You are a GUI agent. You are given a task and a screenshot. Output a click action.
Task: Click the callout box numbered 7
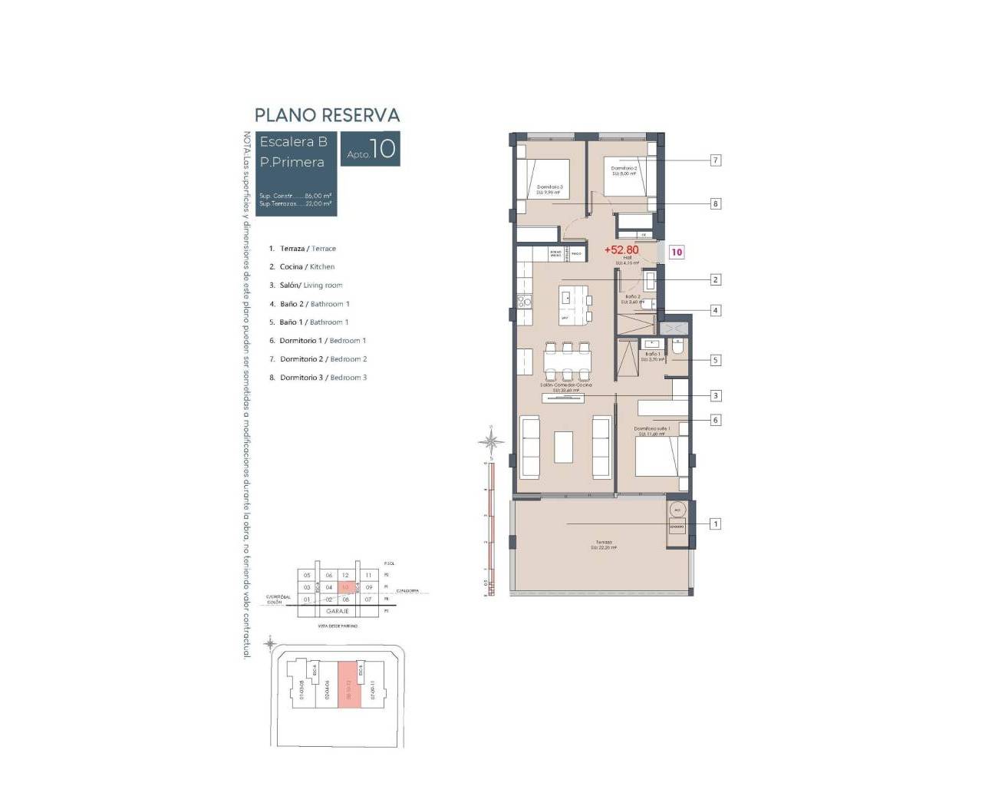715,160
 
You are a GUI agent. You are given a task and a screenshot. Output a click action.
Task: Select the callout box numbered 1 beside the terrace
715,524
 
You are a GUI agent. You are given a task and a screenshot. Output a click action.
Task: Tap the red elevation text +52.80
621,250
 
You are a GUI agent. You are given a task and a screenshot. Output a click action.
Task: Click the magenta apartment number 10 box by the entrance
677,252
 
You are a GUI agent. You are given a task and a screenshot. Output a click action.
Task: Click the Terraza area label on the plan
604,545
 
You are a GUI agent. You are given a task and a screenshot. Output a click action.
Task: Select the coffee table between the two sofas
564,447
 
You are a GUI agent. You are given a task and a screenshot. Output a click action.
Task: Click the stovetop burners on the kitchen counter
524,302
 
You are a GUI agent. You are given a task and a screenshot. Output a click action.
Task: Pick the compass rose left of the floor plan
491,441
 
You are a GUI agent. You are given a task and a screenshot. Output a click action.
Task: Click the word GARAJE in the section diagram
338,611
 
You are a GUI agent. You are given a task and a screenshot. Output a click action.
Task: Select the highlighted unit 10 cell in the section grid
346,587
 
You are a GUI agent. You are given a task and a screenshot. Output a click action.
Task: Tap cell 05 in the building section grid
307,575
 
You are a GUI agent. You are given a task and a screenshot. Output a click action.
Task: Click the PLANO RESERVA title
327,115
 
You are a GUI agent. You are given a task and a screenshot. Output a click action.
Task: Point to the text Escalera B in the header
293,142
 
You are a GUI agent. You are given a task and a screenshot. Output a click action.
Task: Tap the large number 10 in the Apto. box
383,148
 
